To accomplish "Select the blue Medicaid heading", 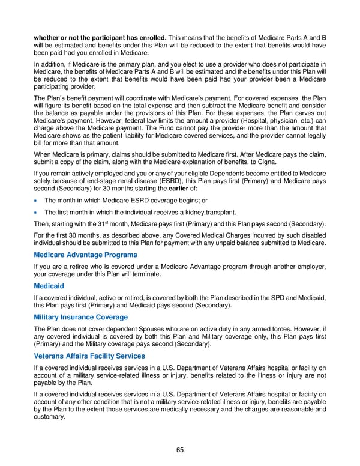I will pos(49,286).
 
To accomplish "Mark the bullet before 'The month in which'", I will pos(37,201).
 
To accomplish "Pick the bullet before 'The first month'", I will pos(37,213).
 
